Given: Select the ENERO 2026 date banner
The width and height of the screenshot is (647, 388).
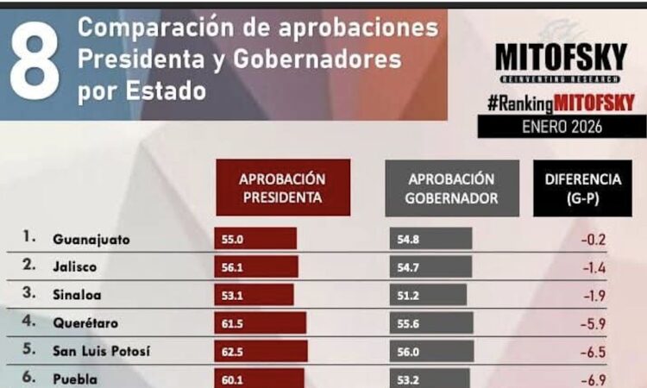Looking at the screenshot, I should pos(562,126).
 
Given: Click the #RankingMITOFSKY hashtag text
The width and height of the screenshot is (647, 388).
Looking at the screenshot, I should pos(561,103).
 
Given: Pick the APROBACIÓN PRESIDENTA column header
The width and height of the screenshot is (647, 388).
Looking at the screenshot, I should pos(282,188).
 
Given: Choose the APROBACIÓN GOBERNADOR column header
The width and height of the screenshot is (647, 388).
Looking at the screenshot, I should pos(452,188).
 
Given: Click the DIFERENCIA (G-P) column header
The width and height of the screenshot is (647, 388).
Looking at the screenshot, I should pos(582,188).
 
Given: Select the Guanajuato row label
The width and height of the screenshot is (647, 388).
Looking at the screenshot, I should pos(91,240).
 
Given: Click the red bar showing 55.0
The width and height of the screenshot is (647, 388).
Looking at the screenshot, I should pos(255,240).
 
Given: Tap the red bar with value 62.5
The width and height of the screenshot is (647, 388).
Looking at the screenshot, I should pos(261,351).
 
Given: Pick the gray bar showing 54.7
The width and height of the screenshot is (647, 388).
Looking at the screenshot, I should pos(426,267).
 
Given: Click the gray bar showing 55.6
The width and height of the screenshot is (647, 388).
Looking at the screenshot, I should pos(428,323).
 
